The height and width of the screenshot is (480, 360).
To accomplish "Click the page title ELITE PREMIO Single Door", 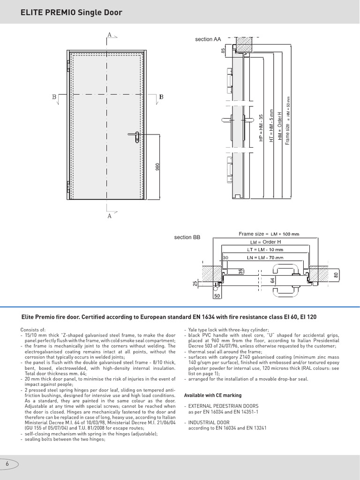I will coord(71,13).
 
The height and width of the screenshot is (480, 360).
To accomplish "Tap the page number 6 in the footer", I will coord(7,464).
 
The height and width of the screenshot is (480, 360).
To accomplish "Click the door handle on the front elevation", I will coord(135,136).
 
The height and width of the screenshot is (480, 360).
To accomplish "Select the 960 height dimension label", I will coord(157,166).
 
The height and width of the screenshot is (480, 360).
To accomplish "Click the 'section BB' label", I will coord(187,238).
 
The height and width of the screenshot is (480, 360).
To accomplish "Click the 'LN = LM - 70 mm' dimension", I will coord(265,257).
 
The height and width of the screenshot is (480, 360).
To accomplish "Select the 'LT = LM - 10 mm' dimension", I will coord(265,249).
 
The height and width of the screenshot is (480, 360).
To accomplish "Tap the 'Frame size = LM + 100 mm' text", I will coord(269,234).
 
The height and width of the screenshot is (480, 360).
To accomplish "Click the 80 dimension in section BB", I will coord(336,276).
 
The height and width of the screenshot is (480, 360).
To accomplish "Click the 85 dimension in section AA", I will coord(223,50).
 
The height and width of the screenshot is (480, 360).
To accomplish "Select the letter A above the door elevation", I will coord(110,35).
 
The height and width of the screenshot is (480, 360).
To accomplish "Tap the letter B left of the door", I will coord(54,97).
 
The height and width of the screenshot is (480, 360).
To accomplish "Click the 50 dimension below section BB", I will coord(217,296).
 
